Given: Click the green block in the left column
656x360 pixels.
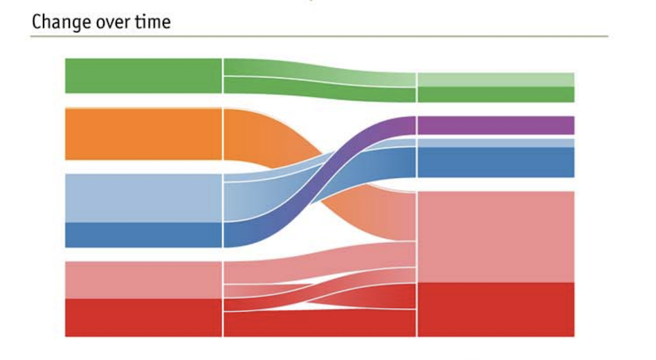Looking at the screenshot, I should click(x=143, y=76).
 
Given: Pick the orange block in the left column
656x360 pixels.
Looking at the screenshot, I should click(x=143, y=134).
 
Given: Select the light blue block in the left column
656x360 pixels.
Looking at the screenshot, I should click(x=143, y=198).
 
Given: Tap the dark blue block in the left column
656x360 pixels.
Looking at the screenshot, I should click(x=143, y=235).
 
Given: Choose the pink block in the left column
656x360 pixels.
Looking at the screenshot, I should click(x=143, y=280).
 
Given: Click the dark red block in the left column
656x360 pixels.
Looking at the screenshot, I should click(x=143, y=318).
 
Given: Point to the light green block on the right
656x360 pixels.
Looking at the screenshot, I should click(x=495, y=80).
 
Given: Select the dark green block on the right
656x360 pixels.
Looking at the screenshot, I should click(x=495, y=95).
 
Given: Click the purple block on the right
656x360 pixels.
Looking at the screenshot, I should click(x=495, y=125).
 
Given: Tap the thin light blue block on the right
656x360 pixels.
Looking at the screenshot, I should click(x=495, y=143).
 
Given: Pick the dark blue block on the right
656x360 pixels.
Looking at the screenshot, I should click(x=495, y=163).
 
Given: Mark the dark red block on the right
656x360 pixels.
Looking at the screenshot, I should click(x=495, y=309).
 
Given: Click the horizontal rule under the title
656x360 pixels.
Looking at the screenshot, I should click(x=319, y=36).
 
